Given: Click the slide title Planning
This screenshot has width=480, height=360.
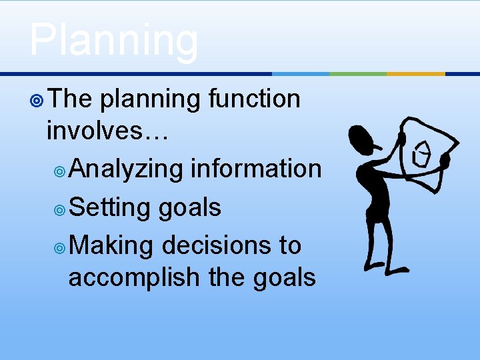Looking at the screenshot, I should coord(113,40).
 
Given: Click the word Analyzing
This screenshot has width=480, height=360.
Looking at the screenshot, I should coord(125,169).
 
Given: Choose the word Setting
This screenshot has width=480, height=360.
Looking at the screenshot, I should coord(110,208).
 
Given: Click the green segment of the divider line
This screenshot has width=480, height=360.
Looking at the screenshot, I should coord(358,73).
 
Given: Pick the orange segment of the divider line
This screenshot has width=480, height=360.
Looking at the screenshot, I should coord(415,73).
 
